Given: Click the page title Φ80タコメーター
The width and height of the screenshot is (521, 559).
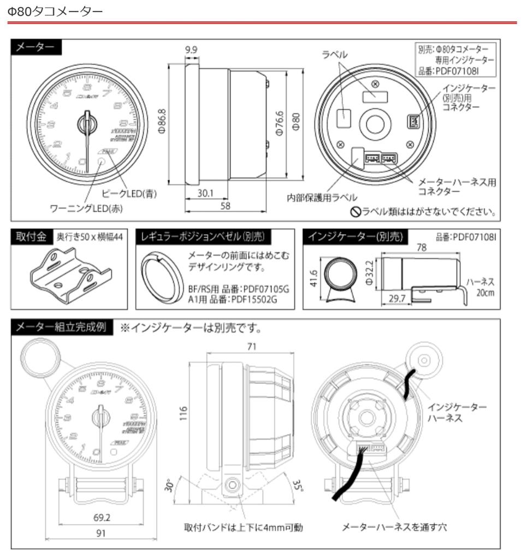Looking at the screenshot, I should click(55, 10).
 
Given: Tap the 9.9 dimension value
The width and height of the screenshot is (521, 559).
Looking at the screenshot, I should click(191, 50).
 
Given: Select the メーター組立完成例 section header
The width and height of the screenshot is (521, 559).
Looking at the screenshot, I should click(62, 328).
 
